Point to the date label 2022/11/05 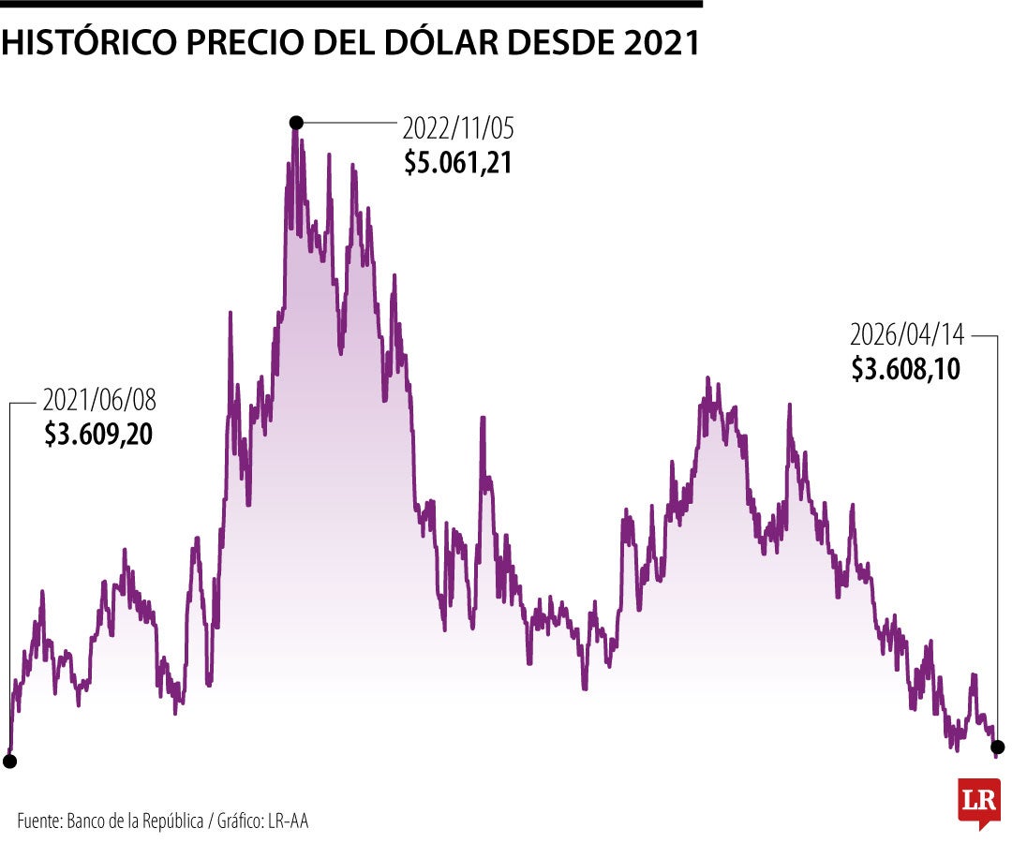coord(458,127)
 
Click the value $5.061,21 coord(458,163)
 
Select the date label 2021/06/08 coord(99,401)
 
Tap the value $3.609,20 coord(98,436)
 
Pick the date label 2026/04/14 coord(906,334)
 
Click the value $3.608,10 coord(906,369)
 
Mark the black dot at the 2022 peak coord(296,122)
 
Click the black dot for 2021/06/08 coord(9,762)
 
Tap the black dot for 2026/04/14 coord(997,747)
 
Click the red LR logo coord(978,802)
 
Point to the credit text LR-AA coord(288,821)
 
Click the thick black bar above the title coord(351,4)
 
